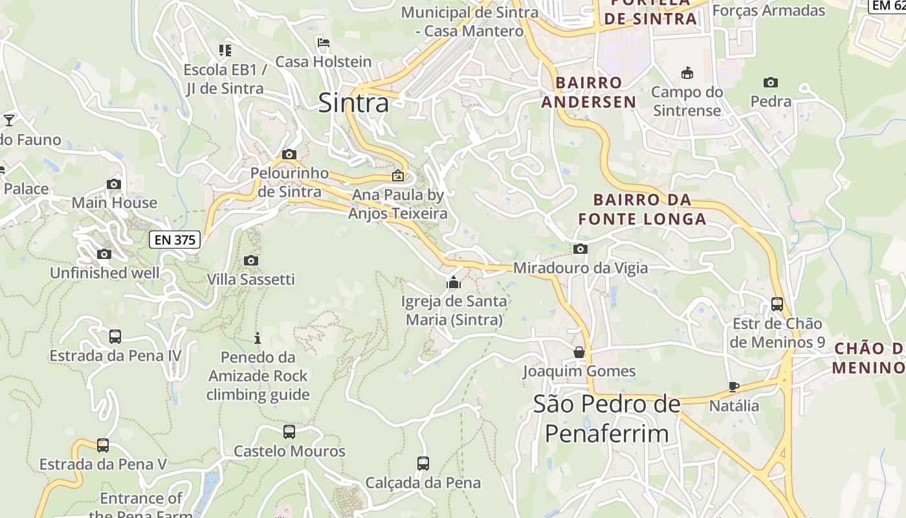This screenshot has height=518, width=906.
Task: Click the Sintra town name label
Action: tap(353, 103)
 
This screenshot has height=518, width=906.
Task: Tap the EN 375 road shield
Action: tap(175, 240)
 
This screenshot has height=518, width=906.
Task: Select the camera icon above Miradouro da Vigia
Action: tap(580, 249)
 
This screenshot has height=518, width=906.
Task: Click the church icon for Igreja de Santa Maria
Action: tap(454, 282)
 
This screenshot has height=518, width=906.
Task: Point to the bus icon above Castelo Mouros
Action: tap(289, 432)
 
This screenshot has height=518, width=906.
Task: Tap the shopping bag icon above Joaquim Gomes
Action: tap(579, 352)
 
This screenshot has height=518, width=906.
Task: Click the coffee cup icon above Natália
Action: tap(733, 387)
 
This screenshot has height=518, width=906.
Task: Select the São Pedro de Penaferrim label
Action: tap(606, 418)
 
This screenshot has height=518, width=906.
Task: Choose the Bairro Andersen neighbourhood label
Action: tap(589, 92)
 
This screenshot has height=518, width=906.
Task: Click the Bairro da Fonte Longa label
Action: tap(642, 209)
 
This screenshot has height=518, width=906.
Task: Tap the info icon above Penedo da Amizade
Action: tap(258, 338)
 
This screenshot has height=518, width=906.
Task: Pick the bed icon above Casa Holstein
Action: tap(324, 43)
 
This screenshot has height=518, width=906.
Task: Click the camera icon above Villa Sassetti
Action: tap(251, 260)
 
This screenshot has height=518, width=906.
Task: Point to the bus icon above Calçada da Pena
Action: tap(423, 464)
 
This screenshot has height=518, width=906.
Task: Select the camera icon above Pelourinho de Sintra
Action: tap(289, 154)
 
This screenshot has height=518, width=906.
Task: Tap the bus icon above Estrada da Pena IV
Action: tap(115, 337)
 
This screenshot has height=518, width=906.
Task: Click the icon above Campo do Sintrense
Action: tap(687, 73)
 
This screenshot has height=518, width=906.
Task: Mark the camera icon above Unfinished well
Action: tap(104, 254)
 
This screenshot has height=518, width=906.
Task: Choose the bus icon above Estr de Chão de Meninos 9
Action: tap(777, 304)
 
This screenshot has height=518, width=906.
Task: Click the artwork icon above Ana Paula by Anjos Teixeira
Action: tap(397, 175)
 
